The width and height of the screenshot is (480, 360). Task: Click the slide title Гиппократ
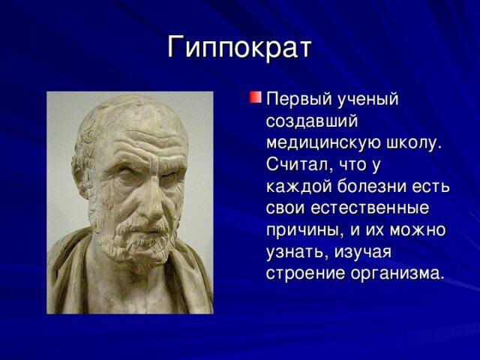point(239,47)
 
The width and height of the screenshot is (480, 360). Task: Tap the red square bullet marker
point(255,97)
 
